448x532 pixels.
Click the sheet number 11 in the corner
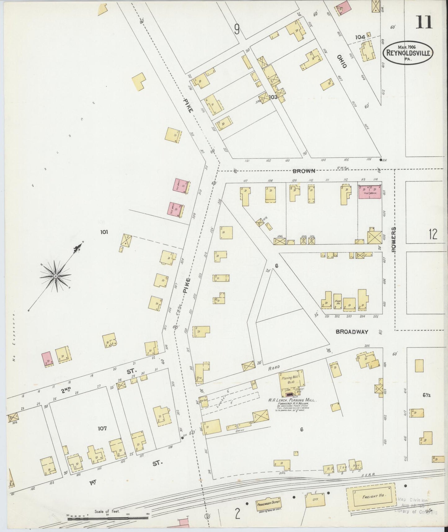click(x=424, y=22)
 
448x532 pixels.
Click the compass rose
click(x=55, y=276)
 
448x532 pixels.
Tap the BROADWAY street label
click(x=352, y=331)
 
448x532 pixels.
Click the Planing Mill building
click(x=291, y=382)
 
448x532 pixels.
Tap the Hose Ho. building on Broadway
click(x=338, y=301)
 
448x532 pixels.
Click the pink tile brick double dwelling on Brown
click(x=370, y=192)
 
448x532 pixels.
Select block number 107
click(x=102, y=428)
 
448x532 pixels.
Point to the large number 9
click(x=237, y=29)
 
